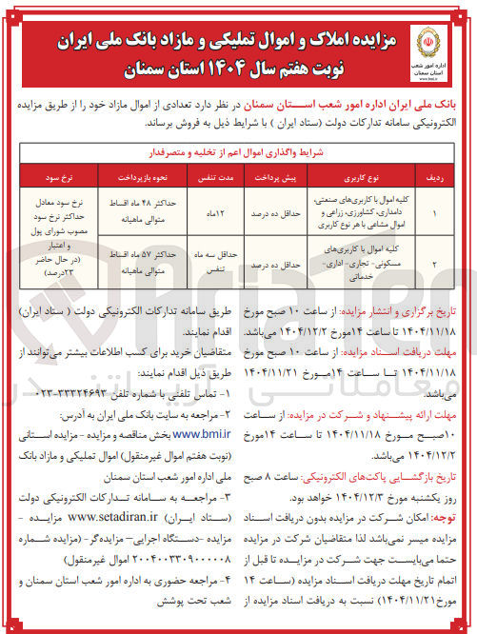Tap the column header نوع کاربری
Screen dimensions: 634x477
click(362, 178)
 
